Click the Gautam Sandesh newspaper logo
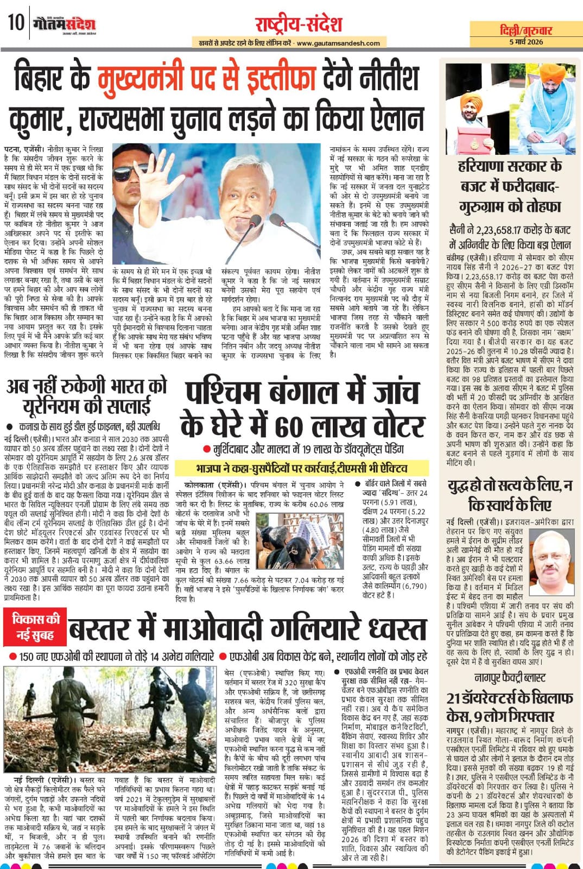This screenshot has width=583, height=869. (x=64, y=24)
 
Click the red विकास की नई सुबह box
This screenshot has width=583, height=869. (x=36, y=626)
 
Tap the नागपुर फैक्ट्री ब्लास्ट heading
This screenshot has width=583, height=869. (x=509, y=677)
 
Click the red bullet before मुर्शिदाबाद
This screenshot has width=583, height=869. (x=206, y=450)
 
